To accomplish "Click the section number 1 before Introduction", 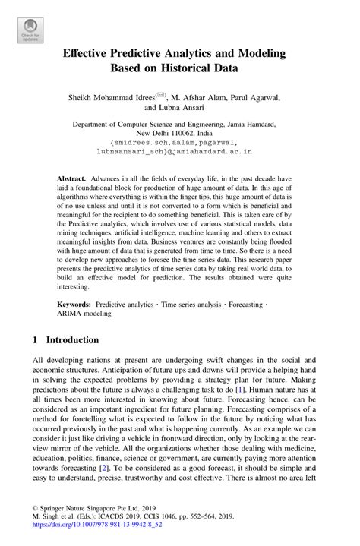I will pyautogui.click(x=36, y=340).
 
